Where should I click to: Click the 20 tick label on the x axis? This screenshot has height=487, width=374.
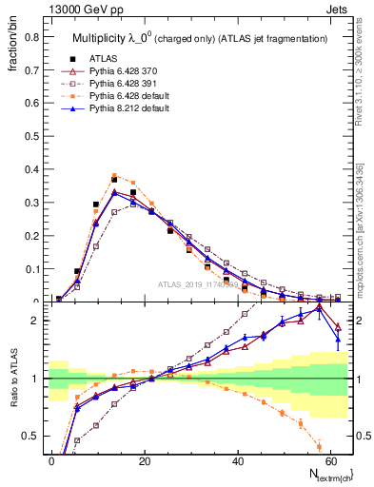click(145, 459)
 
